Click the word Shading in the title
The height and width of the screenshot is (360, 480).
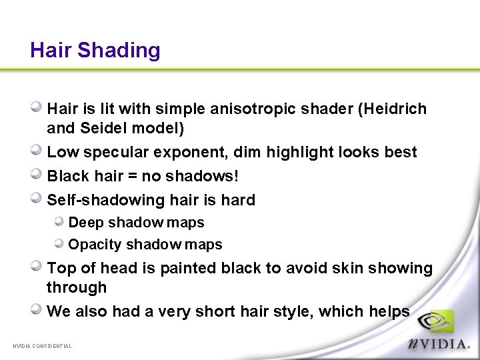point(119,51)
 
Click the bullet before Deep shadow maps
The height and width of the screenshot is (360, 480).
point(59,221)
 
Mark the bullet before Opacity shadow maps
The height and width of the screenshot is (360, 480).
point(59,243)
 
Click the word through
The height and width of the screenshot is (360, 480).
point(77,287)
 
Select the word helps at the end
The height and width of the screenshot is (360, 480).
point(389,311)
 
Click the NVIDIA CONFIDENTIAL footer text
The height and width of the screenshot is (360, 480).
point(42,346)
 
